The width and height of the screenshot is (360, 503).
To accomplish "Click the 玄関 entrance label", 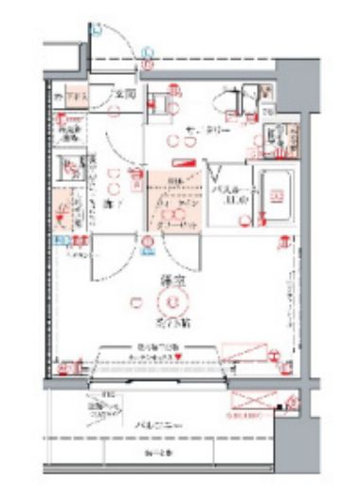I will coord(123,97).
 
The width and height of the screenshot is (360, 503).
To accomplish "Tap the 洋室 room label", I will coord(171,281).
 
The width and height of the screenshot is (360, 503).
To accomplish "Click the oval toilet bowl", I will coord(232,102).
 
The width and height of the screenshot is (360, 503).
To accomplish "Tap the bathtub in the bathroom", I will coord(277,196).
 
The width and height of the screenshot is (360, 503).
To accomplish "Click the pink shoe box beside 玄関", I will coord(75,97).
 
